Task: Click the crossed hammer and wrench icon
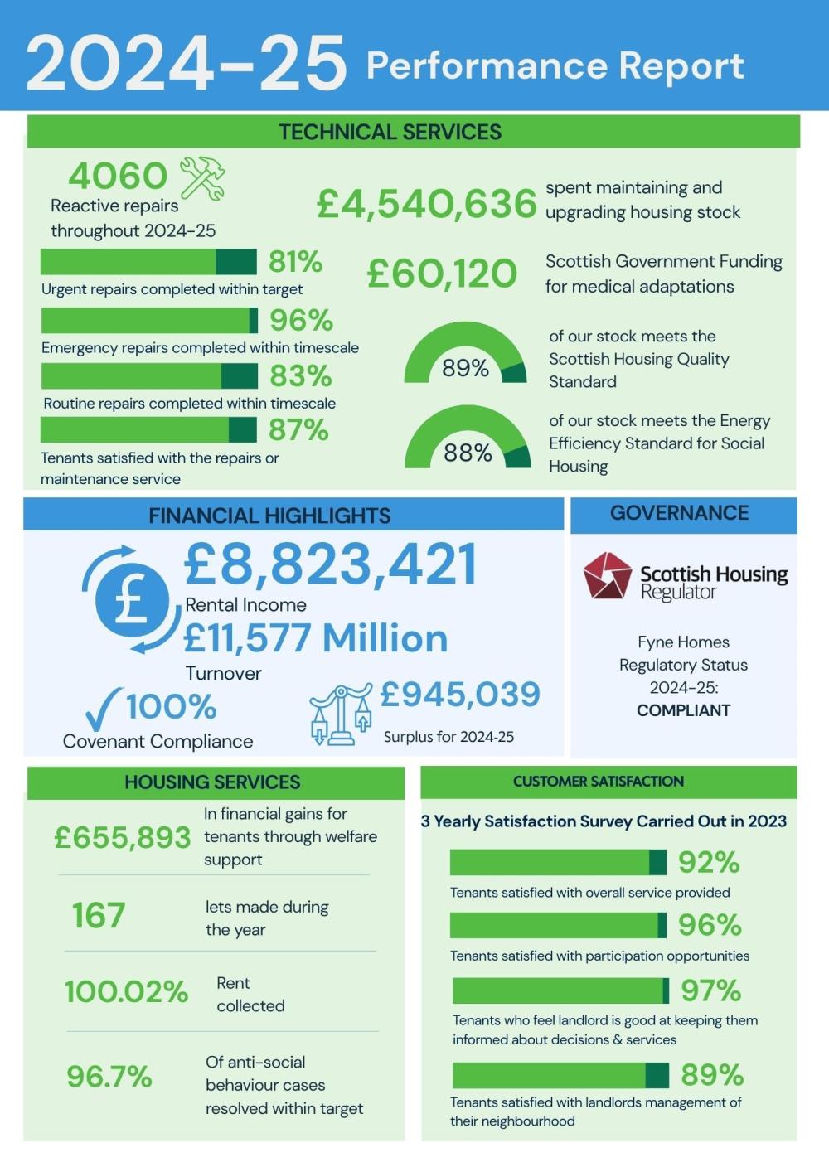[202, 178]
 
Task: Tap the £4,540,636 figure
[427, 205]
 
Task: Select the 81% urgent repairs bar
[148, 262]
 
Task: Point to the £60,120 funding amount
[442, 274]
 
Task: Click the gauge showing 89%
[465, 354]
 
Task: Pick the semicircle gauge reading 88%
[468, 439]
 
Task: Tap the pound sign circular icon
[132, 599]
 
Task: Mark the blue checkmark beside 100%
[103, 709]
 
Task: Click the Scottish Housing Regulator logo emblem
[607, 576]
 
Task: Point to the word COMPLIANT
[683, 710]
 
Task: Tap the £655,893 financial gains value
[123, 837]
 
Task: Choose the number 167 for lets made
[99, 916]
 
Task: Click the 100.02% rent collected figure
[126, 991]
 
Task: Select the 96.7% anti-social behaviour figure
[109, 1077]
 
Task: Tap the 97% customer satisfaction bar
[560, 990]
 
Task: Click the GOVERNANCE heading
[679, 513]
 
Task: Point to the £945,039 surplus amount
[460, 695]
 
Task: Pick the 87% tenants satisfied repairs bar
[148, 430]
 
